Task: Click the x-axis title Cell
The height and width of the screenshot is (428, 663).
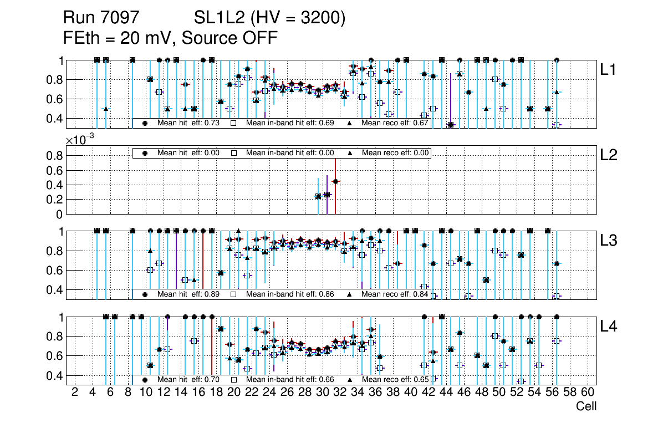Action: (586, 406)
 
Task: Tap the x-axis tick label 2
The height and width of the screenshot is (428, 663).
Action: (75, 393)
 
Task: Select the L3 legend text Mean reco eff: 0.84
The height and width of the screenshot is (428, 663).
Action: (395, 294)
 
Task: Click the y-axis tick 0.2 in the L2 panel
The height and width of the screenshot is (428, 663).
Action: (54, 200)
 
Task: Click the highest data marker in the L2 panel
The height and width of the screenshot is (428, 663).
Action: (335, 181)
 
